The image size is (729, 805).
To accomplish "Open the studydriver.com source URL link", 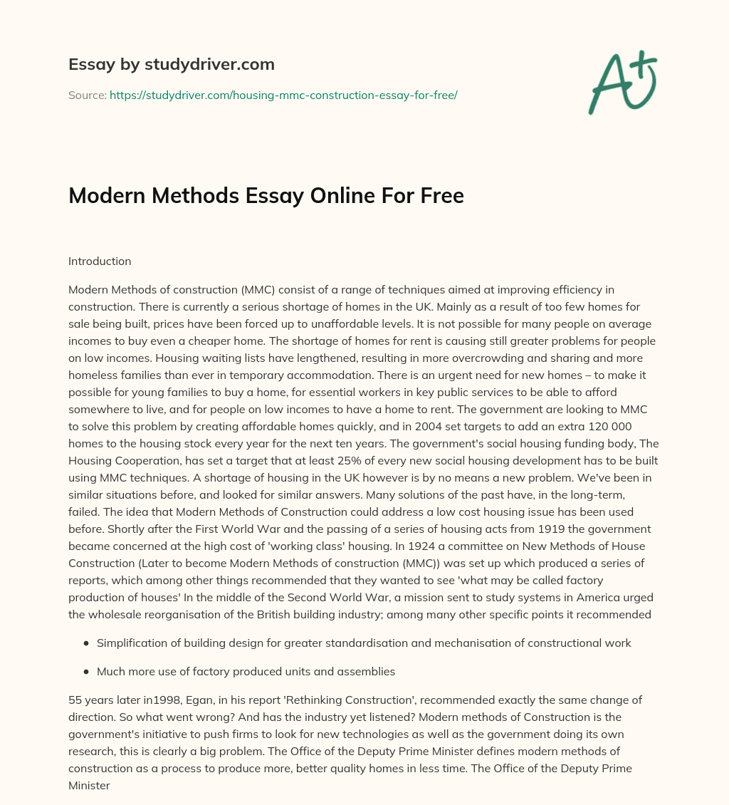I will coord(283,95).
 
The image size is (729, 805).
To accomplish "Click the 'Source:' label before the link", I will coord(87,95).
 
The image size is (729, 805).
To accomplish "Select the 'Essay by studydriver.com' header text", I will coord(171,64).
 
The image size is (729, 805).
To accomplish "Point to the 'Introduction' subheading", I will coord(100,261).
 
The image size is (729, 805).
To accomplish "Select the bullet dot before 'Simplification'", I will coord(86,643).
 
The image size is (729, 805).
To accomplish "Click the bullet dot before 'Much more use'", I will coord(86,671).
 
